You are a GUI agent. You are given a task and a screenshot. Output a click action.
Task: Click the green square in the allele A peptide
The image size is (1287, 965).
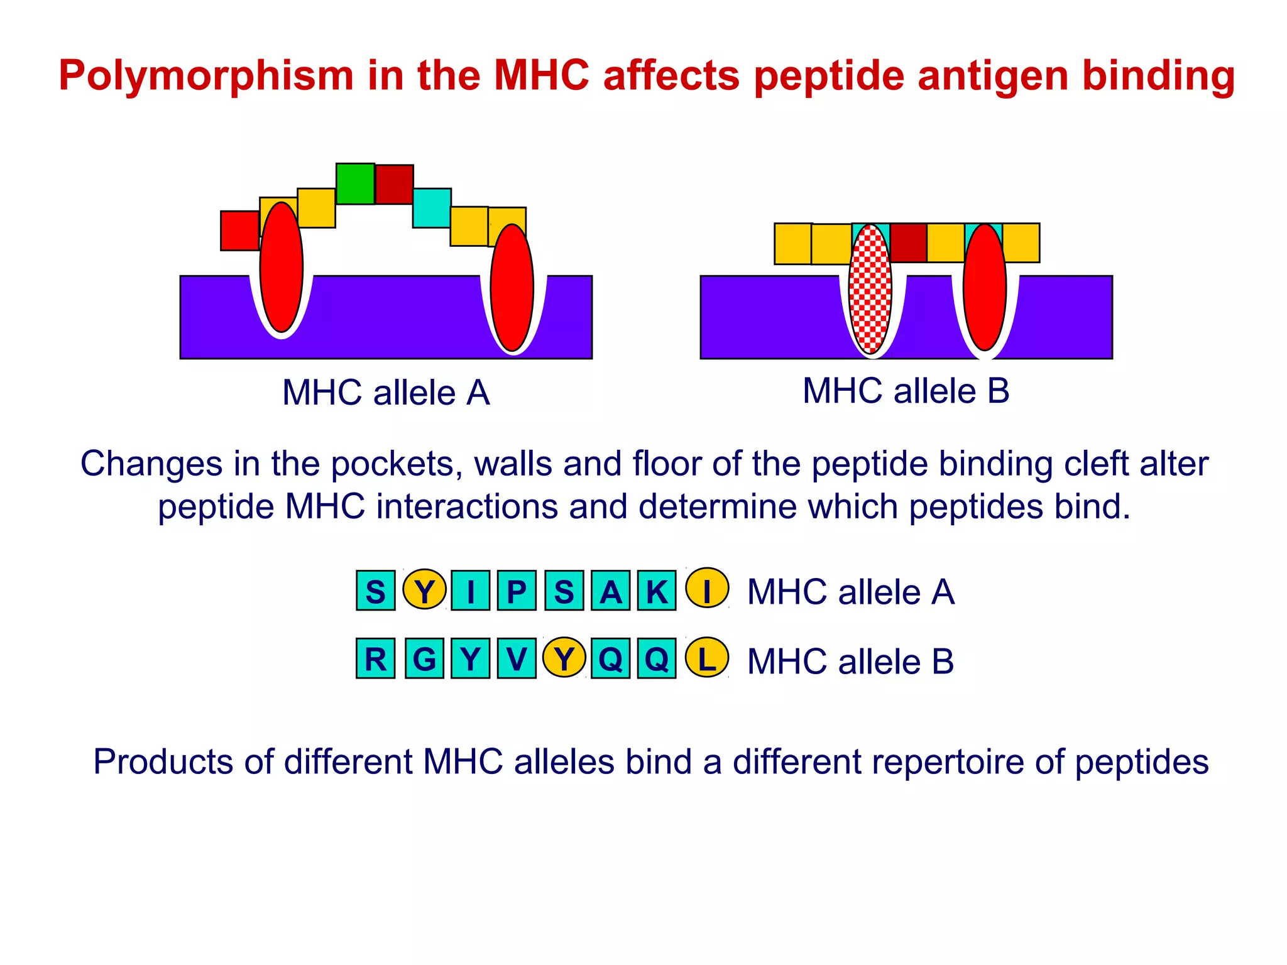(x=355, y=183)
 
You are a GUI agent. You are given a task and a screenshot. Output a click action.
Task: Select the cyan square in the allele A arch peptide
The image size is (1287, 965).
(x=432, y=208)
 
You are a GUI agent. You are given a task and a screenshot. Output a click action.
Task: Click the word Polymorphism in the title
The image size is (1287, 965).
(x=206, y=75)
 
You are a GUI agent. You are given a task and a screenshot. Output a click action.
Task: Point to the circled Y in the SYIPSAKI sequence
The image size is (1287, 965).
(x=424, y=590)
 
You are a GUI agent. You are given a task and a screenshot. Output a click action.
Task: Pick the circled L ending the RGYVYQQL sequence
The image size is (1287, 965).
(x=706, y=658)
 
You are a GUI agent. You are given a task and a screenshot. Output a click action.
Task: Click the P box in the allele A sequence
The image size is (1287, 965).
(x=517, y=591)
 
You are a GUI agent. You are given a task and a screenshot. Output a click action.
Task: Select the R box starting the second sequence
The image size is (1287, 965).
(x=376, y=658)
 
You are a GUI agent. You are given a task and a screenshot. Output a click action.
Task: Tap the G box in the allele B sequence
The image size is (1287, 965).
(x=424, y=658)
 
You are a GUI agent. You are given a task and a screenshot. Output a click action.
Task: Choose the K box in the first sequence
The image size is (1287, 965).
(x=657, y=591)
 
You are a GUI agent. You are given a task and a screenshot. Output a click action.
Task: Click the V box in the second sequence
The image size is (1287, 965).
(x=517, y=658)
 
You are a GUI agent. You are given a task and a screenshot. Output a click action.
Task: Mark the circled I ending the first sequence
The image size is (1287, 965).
(x=706, y=589)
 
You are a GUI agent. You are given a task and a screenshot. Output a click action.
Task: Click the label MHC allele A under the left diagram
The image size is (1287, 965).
(x=385, y=393)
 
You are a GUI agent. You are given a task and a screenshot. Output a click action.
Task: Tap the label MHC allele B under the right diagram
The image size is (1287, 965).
(x=906, y=391)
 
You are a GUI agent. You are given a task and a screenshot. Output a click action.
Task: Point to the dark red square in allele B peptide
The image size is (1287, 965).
(x=908, y=243)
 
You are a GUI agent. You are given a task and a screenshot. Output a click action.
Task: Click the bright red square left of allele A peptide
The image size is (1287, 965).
(x=239, y=231)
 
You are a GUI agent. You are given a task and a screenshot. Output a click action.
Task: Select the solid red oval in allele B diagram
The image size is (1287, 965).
(x=985, y=288)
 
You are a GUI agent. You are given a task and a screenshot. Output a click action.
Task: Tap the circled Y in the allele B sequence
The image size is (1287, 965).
(x=564, y=658)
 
